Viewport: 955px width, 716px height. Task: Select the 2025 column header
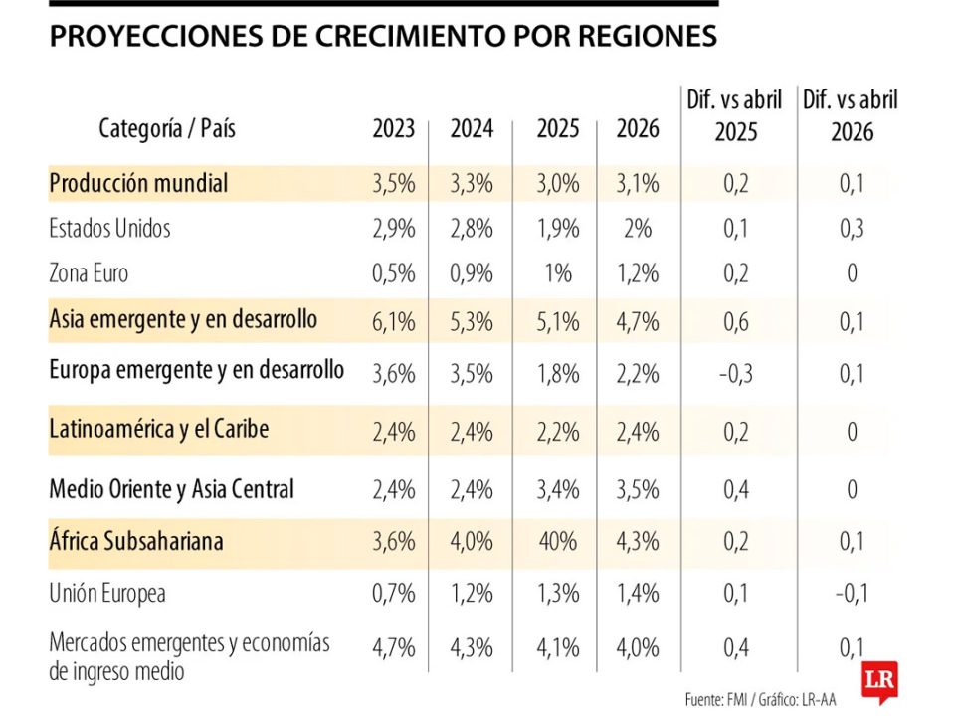click(x=558, y=129)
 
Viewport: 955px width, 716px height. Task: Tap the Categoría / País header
click(x=167, y=128)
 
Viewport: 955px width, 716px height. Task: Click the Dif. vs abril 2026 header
click(x=852, y=115)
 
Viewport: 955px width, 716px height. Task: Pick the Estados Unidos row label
click(x=109, y=229)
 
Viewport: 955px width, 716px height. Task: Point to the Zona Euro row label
click(x=89, y=273)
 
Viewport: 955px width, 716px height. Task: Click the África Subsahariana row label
click(x=136, y=541)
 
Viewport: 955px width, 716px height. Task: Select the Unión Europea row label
click(x=106, y=594)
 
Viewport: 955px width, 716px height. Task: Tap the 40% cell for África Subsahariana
click(x=558, y=542)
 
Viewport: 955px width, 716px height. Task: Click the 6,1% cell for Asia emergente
click(x=394, y=321)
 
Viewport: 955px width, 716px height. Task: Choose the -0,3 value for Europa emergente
click(x=735, y=374)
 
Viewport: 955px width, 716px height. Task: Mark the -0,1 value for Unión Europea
click(x=852, y=595)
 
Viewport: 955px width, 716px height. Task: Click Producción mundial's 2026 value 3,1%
click(x=638, y=184)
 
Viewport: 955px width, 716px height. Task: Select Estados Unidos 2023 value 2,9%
click(x=394, y=229)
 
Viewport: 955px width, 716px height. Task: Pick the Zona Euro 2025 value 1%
click(x=558, y=273)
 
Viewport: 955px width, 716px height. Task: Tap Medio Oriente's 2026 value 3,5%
click(x=638, y=490)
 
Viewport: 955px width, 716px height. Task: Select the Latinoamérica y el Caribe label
click(x=159, y=430)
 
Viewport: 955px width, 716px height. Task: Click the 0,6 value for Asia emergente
click(x=735, y=321)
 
